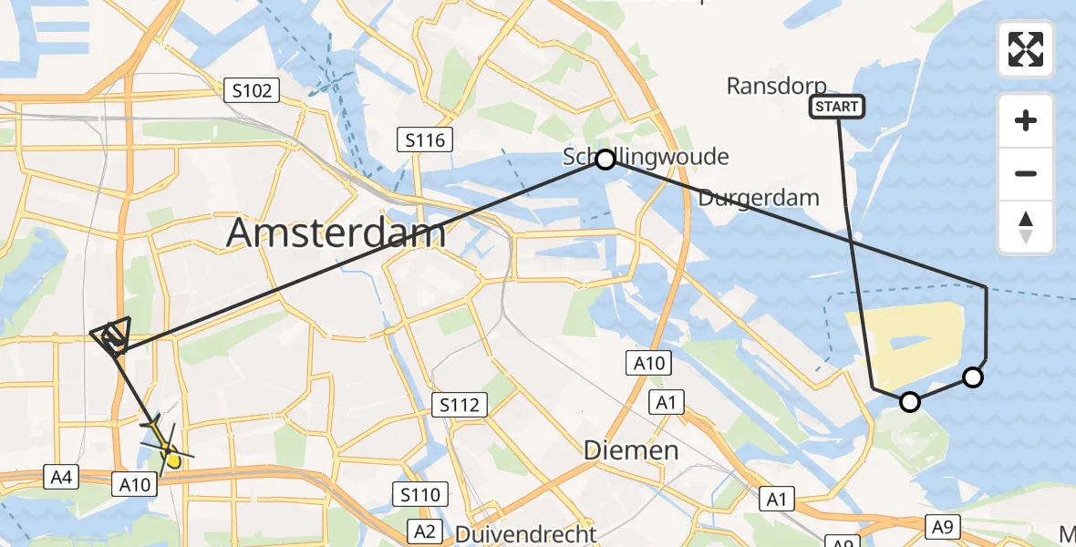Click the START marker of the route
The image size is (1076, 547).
pos(837,108)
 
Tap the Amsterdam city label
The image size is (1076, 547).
pos(336,233)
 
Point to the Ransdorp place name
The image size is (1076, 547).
pos(777,87)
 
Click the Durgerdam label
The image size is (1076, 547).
pos(760,198)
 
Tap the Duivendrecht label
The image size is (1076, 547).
pos(527,534)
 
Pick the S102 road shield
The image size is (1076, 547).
pos(252,90)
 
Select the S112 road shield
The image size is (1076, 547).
pos(460,405)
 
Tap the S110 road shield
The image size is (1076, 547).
pos(421,495)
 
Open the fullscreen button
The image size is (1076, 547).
pos(1026,49)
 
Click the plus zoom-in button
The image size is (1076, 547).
pos(1026,120)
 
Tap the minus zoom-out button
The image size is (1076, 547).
pos(1026,173)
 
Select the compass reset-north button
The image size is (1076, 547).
pos(1026,227)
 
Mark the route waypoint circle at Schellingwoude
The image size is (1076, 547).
pos(605,160)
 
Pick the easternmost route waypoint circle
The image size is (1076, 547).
pos(974,377)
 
